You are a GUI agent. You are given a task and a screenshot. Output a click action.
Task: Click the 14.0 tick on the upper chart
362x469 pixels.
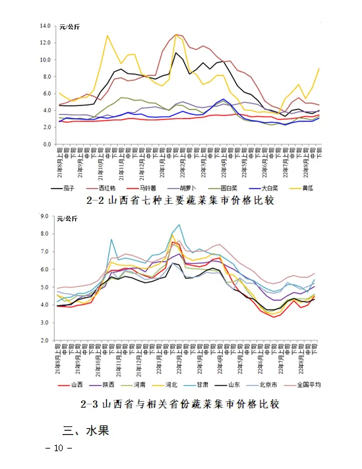pyautogui.click(x=45, y=26)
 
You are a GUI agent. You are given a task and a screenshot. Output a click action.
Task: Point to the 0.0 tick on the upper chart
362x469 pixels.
pyautogui.click(x=47, y=144)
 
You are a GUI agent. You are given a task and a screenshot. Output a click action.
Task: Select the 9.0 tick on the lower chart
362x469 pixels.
pyautogui.click(x=47, y=216)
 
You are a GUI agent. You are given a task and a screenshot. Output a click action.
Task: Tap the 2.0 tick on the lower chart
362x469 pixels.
pyautogui.click(x=47, y=340)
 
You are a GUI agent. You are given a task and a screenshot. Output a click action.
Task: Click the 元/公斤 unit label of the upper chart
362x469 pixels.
pyautogui.click(x=70, y=26)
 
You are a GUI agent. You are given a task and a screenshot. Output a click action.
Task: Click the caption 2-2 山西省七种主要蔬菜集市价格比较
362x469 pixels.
pyautogui.click(x=181, y=200)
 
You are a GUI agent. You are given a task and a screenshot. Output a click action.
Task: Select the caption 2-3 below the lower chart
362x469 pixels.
pyautogui.click(x=181, y=404)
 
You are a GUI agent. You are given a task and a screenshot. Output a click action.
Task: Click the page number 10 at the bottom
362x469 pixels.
pyautogui.click(x=58, y=449)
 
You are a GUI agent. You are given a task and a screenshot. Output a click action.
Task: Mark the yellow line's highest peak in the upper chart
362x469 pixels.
pyautogui.click(x=107, y=36)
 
